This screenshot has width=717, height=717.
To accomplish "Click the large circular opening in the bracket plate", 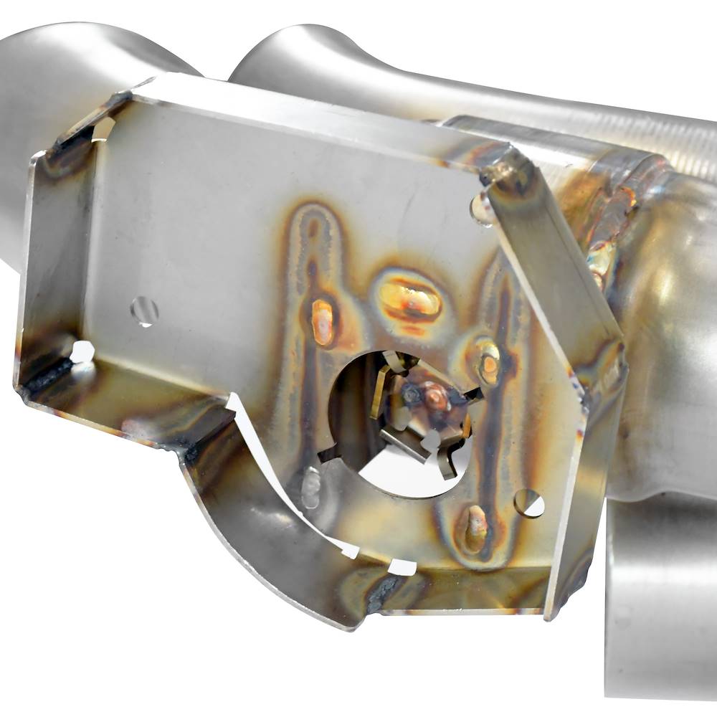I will pyautogui.click(x=399, y=423).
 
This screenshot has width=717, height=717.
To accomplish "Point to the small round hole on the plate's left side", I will pyautogui.click(x=144, y=310).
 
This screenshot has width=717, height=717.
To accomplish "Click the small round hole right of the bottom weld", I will pyautogui.click(x=529, y=503).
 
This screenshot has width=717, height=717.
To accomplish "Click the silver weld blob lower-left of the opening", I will pyautogui.click(x=310, y=488).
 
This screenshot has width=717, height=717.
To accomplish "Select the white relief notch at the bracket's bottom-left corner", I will pyautogui.click(x=82, y=351).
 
